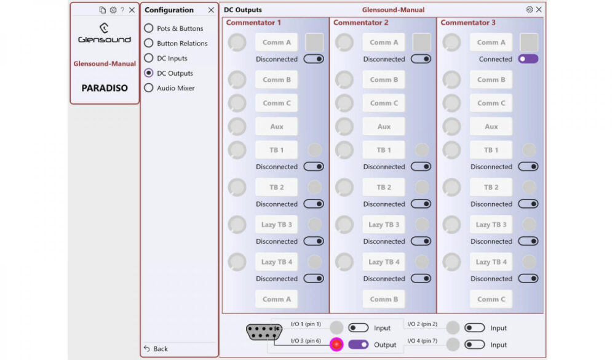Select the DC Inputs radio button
click(x=149, y=58)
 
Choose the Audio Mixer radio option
click(x=149, y=88)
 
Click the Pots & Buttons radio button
click(x=149, y=28)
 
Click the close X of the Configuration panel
click(x=211, y=10)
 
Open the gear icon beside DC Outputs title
click(x=529, y=10)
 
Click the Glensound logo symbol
click(x=105, y=28)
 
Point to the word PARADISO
click(x=105, y=88)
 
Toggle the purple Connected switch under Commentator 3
click(x=528, y=59)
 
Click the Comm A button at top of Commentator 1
click(x=276, y=42)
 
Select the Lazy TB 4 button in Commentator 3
click(x=491, y=262)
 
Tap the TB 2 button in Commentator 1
click(x=276, y=187)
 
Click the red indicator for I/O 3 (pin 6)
click(x=336, y=345)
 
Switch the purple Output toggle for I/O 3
click(x=359, y=345)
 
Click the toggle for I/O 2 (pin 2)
click(x=474, y=328)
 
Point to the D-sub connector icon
click(x=264, y=333)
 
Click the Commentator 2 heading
click(x=361, y=23)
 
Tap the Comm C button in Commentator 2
click(x=384, y=103)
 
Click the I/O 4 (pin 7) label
click(x=423, y=340)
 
